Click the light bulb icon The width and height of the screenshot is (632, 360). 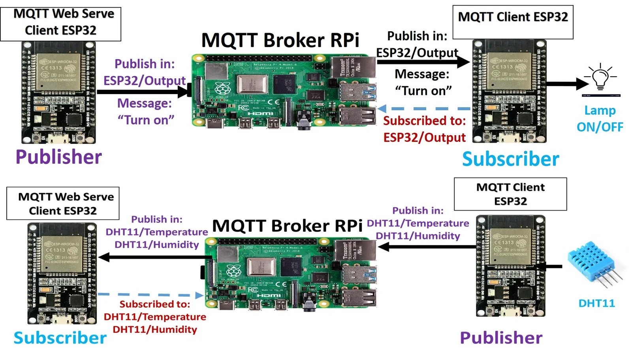(x=600, y=77)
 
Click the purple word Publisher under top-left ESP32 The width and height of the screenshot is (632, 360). (x=58, y=157)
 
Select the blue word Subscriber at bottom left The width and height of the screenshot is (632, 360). (x=60, y=338)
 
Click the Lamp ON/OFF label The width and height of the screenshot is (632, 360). (x=600, y=119)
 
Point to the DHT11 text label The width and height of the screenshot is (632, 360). (x=596, y=303)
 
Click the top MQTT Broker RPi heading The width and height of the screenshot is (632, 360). (x=280, y=40)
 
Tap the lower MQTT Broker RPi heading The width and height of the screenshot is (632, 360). (x=287, y=226)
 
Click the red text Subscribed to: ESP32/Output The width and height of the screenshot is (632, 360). (x=424, y=129)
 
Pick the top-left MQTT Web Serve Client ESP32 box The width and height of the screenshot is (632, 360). (x=60, y=24)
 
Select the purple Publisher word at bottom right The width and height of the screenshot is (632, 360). (x=501, y=338)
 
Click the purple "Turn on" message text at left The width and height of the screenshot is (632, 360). (x=146, y=120)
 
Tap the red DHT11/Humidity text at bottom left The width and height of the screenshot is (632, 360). (x=155, y=330)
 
